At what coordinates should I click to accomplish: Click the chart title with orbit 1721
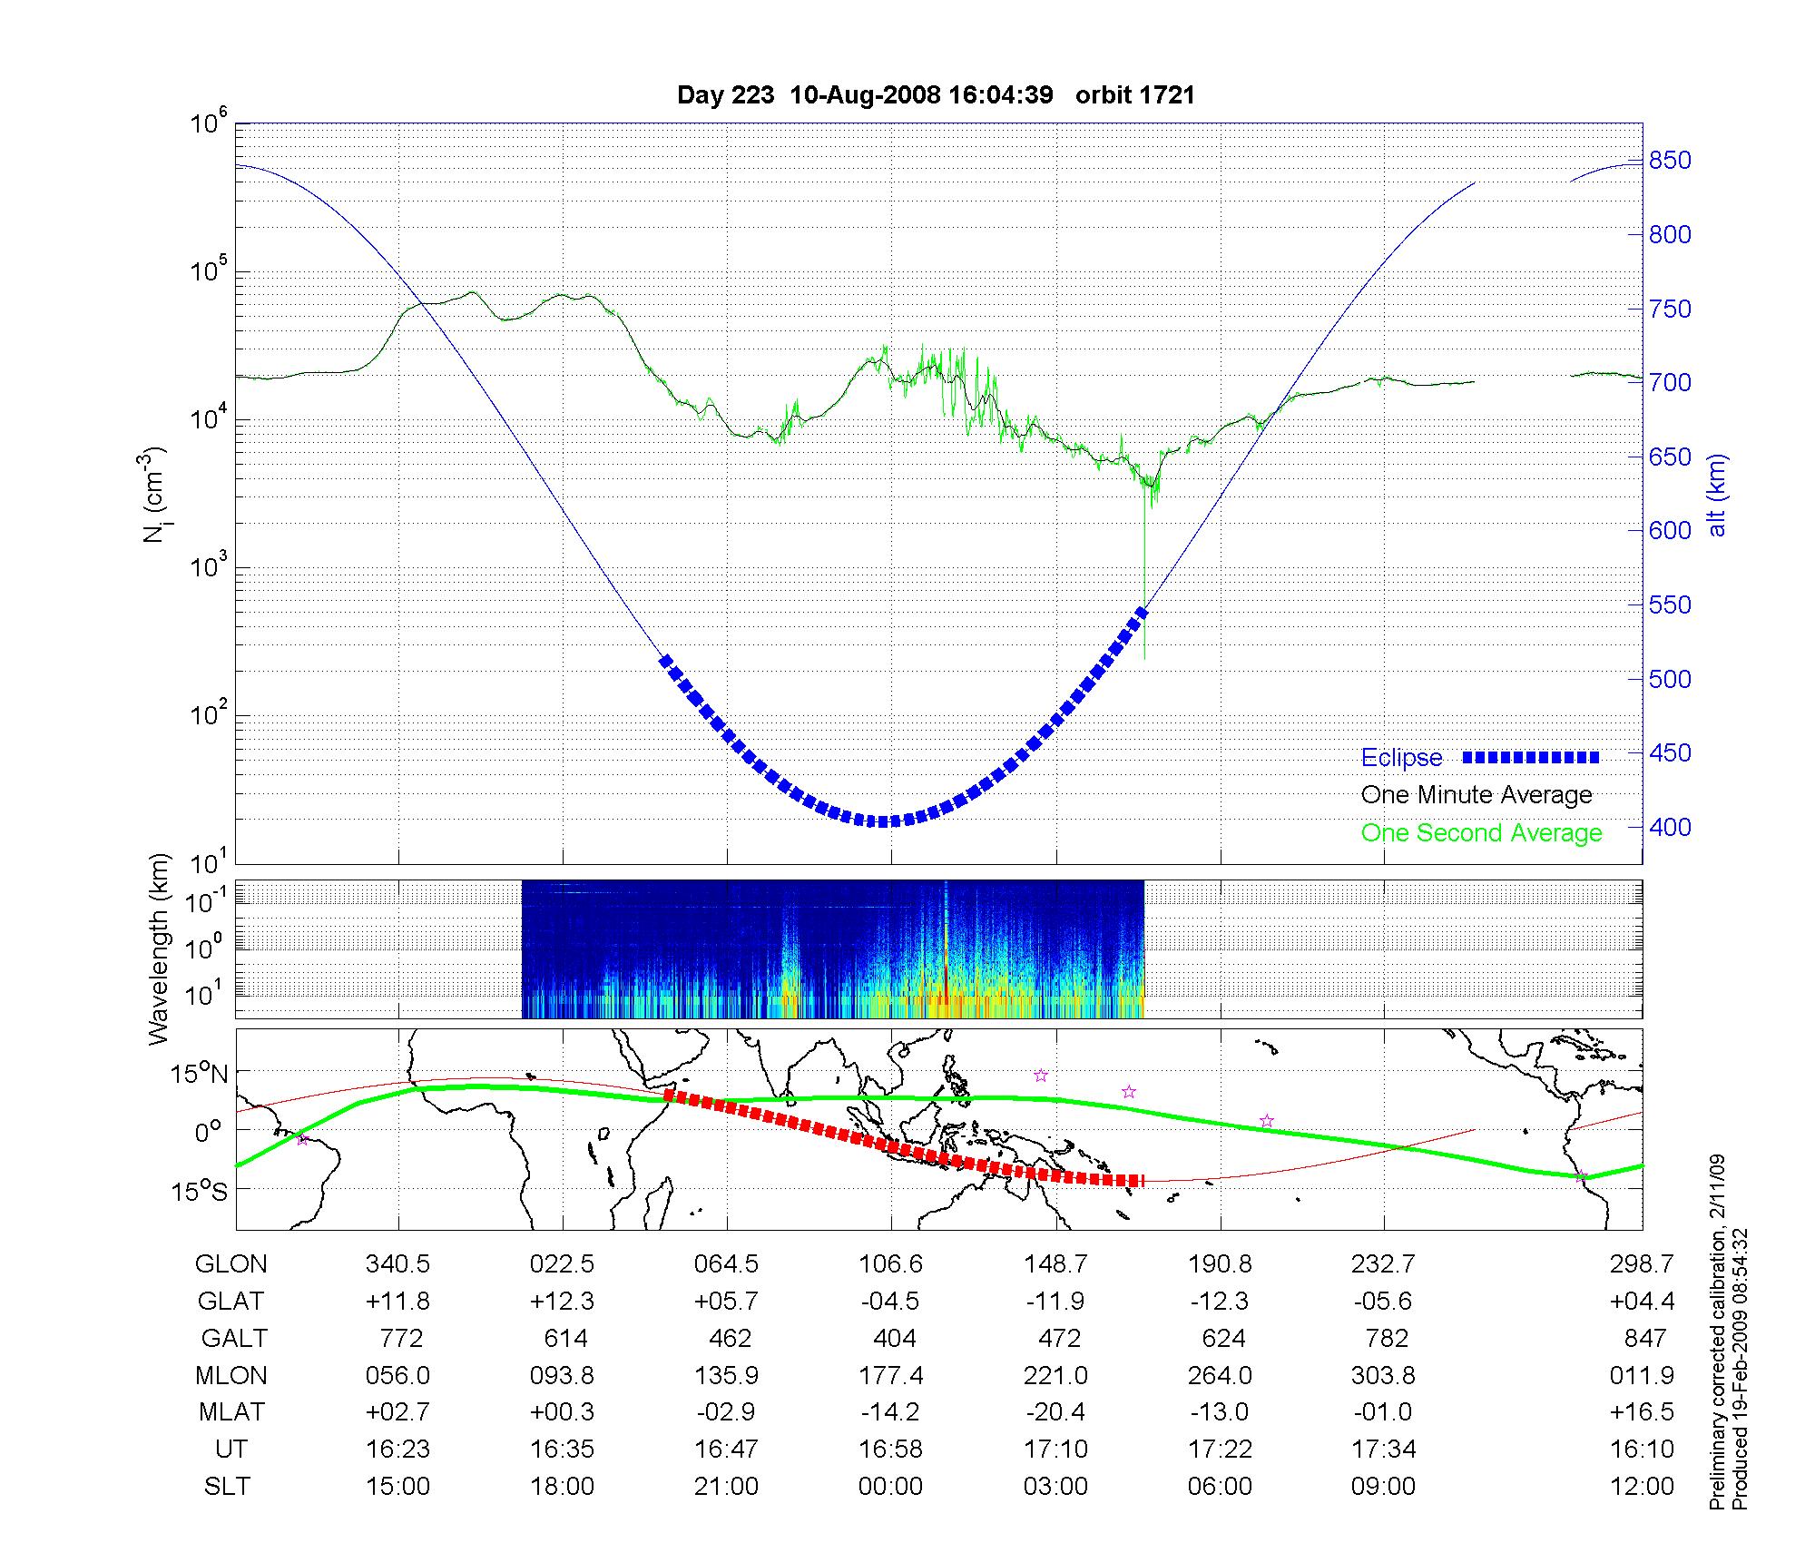pyautogui.click(x=936, y=95)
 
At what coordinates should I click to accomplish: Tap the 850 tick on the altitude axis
pyautogui.click(x=1670, y=161)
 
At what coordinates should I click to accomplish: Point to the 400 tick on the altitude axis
pyautogui.click(x=1670, y=827)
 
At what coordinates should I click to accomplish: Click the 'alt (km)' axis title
pyautogui.click(x=1717, y=495)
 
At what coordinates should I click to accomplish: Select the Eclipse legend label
pyautogui.click(x=1401, y=758)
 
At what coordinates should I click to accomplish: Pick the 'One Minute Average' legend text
pyautogui.click(x=1477, y=795)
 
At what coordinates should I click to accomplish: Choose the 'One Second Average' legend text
pyautogui.click(x=1481, y=833)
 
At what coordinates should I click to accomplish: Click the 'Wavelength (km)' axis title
pyautogui.click(x=159, y=948)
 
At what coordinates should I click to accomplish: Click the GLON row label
pyautogui.click(x=231, y=1264)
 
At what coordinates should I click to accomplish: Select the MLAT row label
pyautogui.click(x=231, y=1412)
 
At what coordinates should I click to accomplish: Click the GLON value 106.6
pyautogui.click(x=890, y=1264)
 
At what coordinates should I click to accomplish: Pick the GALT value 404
pyautogui.click(x=894, y=1339)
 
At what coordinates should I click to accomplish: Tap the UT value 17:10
pyautogui.click(x=1055, y=1450)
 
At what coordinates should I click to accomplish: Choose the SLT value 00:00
pyautogui.click(x=890, y=1487)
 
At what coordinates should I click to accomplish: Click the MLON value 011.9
pyautogui.click(x=1642, y=1376)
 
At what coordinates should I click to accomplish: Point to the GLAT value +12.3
pyautogui.click(x=562, y=1302)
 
